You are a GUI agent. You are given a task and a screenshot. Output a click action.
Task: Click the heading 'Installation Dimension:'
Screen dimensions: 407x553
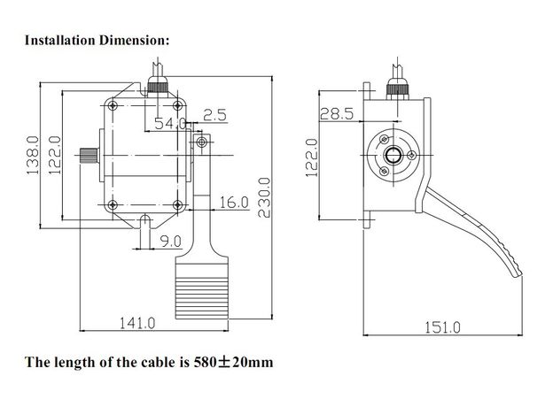pos(96,41)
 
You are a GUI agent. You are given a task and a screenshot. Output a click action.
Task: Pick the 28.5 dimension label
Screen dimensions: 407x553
pos(337,113)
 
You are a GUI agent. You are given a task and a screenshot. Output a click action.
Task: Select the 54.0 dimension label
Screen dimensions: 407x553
pos(169,122)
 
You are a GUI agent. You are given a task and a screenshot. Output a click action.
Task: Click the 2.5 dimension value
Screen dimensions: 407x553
pos(214,115)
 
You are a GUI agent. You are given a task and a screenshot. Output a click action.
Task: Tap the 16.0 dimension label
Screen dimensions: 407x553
pos(232,203)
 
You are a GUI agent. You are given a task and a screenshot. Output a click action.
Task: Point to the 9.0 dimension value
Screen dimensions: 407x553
pos(171,240)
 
